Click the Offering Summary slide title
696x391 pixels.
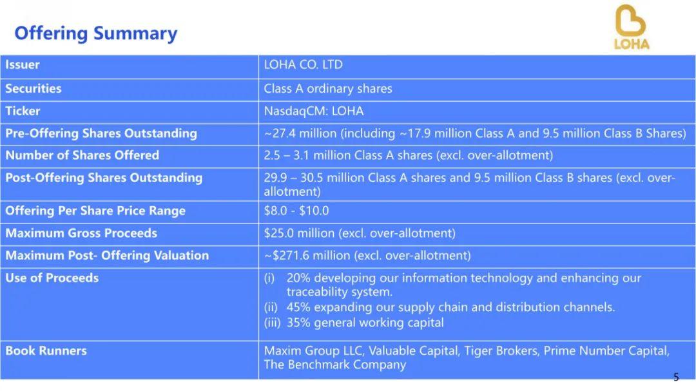(96, 33)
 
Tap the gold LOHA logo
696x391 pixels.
(631, 26)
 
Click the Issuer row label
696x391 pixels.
(22, 65)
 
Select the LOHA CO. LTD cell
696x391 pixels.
(303, 65)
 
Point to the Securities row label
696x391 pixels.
(34, 88)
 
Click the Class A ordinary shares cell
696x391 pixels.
(328, 89)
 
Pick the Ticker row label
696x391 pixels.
(23, 111)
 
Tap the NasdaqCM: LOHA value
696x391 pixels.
(314, 111)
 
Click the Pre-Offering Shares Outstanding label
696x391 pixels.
(101, 133)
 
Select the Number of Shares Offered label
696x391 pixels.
(82, 155)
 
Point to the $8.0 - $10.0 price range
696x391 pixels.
(296, 211)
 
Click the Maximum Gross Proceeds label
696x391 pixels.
(81, 233)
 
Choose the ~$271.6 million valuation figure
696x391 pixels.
(307, 256)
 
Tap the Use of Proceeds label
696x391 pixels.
(52, 278)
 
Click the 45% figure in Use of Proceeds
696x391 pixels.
(298, 307)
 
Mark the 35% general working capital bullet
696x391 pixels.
(354, 323)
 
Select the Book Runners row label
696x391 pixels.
(46, 351)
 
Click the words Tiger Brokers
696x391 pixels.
(501, 351)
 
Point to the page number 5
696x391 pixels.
(676, 377)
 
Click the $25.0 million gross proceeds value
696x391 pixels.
(299, 233)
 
